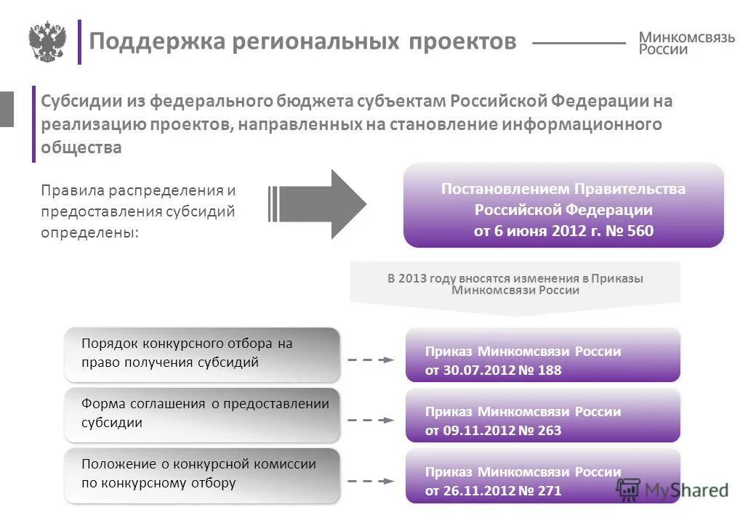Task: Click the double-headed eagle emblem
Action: click(x=47, y=41)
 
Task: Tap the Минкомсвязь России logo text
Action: click(x=686, y=43)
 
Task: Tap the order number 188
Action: click(x=550, y=370)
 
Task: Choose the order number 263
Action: click(x=550, y=431)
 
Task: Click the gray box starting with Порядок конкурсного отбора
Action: click(x=201, y=354)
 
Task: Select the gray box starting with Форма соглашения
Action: click(x=201, y=414)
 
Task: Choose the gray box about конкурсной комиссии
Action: click(x=201, y=474)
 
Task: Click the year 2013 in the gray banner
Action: click(x=412, y=278)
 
